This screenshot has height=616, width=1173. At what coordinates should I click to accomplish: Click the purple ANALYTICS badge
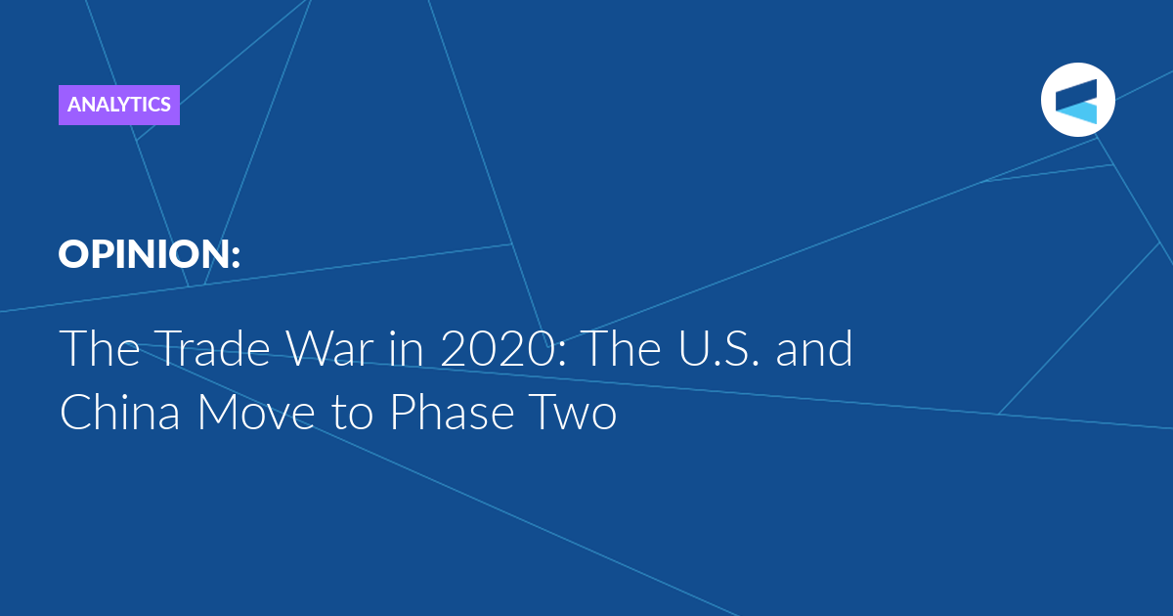tap(119, 105)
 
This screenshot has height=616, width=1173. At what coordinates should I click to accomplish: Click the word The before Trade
tap(100, 348)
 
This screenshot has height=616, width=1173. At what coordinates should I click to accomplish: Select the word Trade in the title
tap(211, 348)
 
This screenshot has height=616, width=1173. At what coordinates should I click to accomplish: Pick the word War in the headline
tap(330, 348)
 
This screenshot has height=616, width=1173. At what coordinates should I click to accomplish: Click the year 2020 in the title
tap(497, 348)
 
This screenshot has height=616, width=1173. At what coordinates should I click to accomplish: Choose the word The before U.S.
tap(622, 348)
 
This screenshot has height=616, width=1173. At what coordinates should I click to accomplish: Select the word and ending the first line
tap(814, 348)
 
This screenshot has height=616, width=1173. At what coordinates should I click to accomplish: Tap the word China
tap(120, 412)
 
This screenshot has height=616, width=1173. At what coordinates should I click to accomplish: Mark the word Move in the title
tap(256, 412)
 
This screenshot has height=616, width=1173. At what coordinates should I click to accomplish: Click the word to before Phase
tap(353, 414)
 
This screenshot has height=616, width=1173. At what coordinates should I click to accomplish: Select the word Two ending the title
tap(573, 412)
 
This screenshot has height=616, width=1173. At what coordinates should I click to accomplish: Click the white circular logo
tap(1077, 100)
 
